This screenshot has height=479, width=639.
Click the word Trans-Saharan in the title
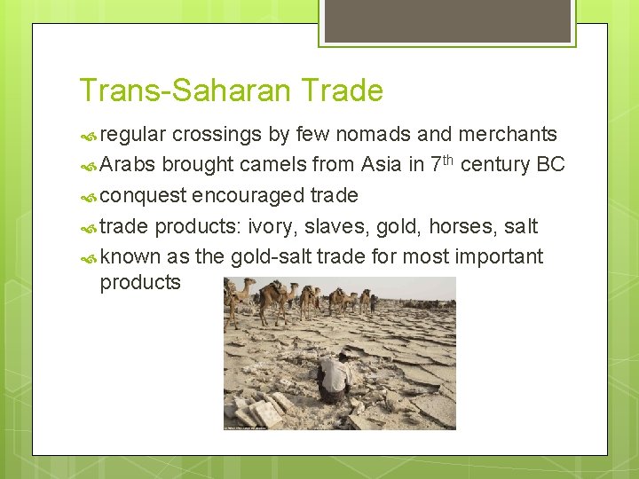click(x=186, y=90)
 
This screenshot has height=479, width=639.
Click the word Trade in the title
click(x=343, y=90)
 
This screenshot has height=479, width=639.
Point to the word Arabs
click(x=130, y=165)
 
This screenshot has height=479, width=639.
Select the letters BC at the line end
click(x=550, y=165)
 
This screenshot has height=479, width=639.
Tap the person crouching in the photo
click(x=333, y=377)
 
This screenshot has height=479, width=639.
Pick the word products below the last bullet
click(x=140, y=283)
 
